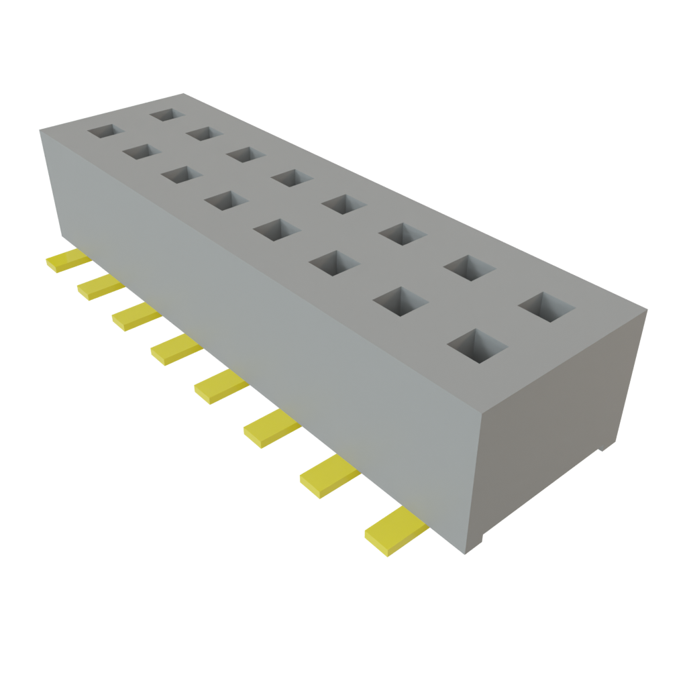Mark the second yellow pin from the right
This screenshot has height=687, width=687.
coord(329,476)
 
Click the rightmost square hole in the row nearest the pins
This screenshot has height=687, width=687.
coord(477,344)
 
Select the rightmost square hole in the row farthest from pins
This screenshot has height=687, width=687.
coord(547,307)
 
